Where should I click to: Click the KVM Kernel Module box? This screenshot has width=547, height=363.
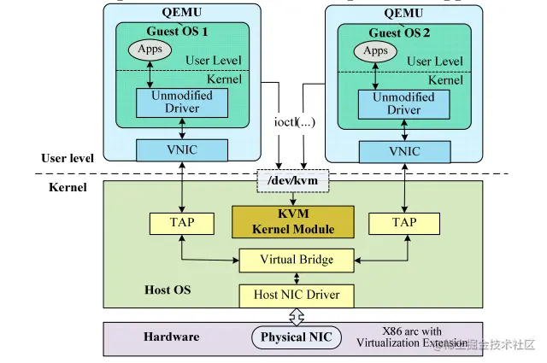point(294,221)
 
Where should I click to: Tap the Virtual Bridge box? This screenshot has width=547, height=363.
point(297,260)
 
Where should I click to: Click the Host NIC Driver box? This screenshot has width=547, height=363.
point(297,295)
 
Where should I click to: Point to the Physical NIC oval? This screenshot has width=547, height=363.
point(295,337)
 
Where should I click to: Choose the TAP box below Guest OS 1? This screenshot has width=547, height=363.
point(182,223)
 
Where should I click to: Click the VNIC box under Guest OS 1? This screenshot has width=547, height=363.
point(183,150)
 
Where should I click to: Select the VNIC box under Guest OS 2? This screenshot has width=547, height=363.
point(404,151)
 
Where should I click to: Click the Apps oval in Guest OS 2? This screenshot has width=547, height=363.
point(374,52)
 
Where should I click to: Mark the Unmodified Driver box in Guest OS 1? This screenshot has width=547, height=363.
point(182,102)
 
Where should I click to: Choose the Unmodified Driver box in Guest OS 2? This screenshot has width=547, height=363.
point(404,104)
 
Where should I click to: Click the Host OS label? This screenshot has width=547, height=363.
point(168,290)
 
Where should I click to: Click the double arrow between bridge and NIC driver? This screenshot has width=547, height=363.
point(297,278)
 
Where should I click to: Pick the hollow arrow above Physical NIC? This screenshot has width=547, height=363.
point(296,317)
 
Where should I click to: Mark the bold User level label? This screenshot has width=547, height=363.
point(68,158)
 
